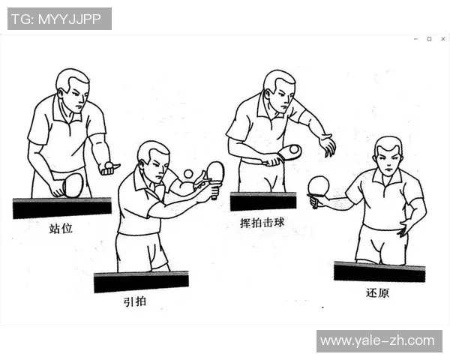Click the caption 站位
pos(61,228)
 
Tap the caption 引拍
pos(135,301)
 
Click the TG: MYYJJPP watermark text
pos(59,19)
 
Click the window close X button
pos(442,39)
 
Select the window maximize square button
pos(429,39)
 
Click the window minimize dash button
pos(415,39)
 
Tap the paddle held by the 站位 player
pos(73,184)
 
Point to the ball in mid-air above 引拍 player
pos(187,174)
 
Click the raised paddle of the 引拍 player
pos(215,172)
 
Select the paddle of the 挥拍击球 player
pos(289,152)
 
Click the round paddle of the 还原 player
pos(319,185)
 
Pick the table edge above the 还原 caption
pos(379,271)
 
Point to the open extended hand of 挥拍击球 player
pos(326,144)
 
